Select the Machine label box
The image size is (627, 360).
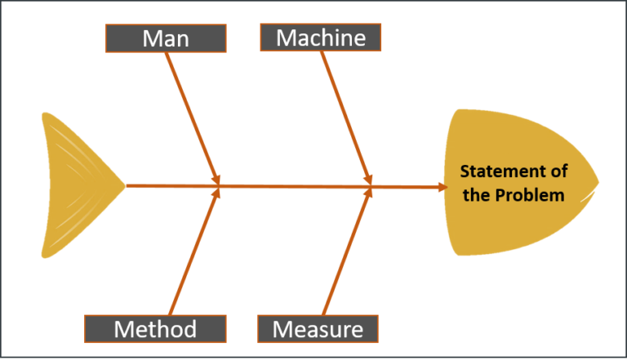tap(320, 38)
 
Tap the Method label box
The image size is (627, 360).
tap(155, 329)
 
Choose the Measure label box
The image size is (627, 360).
tap(318, 329)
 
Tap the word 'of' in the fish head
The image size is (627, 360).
tap(558, 171)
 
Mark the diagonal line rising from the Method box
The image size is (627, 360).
tap(196, 253)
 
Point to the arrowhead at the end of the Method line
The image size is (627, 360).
tap(216, 193)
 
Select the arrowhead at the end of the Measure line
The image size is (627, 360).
tap(368, 193)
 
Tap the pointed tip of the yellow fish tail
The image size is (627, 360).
tap(124, 185)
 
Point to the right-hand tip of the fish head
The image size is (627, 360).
tap(598, 181)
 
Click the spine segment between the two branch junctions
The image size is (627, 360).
tap(294, 186)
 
